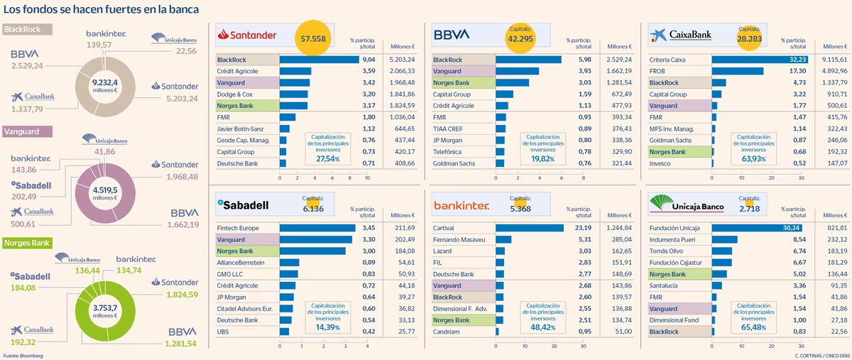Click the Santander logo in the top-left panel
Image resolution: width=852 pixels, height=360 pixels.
(x=249, y=33)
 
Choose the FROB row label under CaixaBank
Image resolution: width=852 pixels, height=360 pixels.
(x=658, y=72)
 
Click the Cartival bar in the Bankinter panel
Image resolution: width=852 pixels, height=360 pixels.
(x=529, y=229)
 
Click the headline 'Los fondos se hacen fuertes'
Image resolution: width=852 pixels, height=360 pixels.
(x=101, y=9)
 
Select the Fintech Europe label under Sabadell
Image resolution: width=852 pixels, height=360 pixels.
(x=238, y=229)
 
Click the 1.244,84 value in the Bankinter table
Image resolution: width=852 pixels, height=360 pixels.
(x=618, y=229)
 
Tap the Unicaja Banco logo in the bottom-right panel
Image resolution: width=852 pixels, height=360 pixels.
(x=687, y=204)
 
